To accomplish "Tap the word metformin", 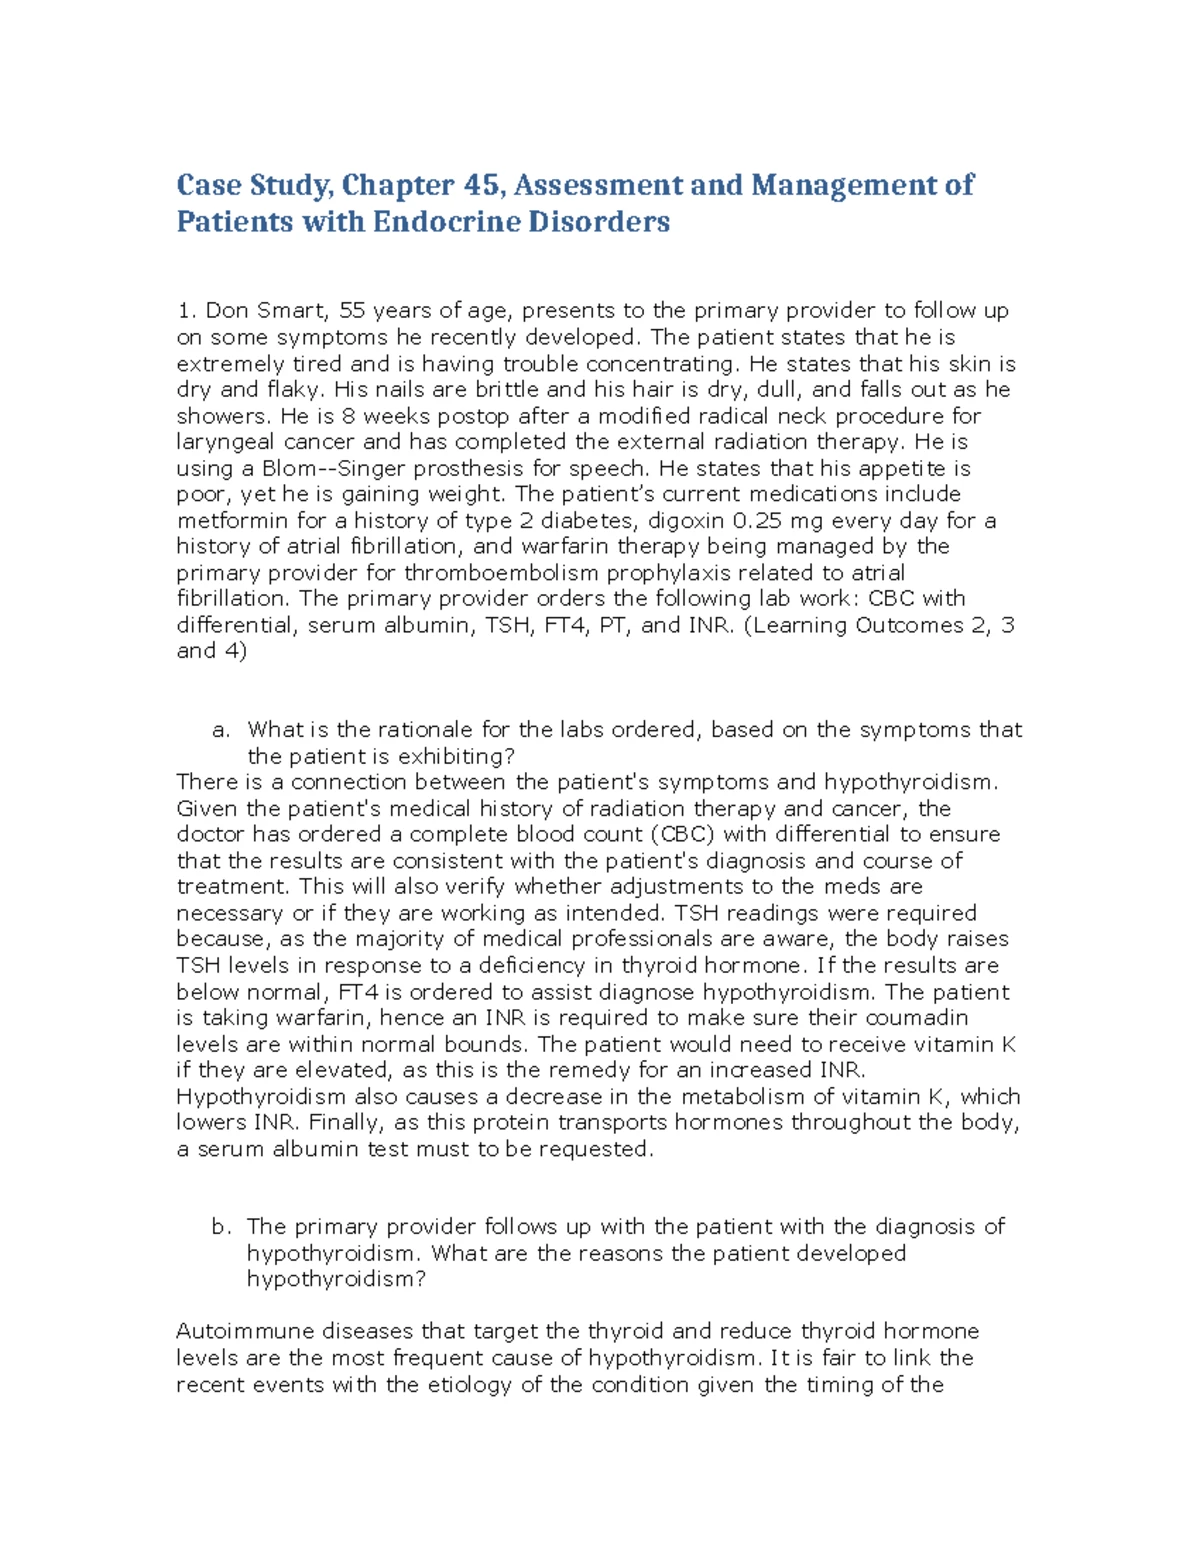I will [225, 520].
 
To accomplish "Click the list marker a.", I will [221, 731].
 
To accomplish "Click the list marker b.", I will [221, 1227].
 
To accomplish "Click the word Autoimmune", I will [238, 1332].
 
